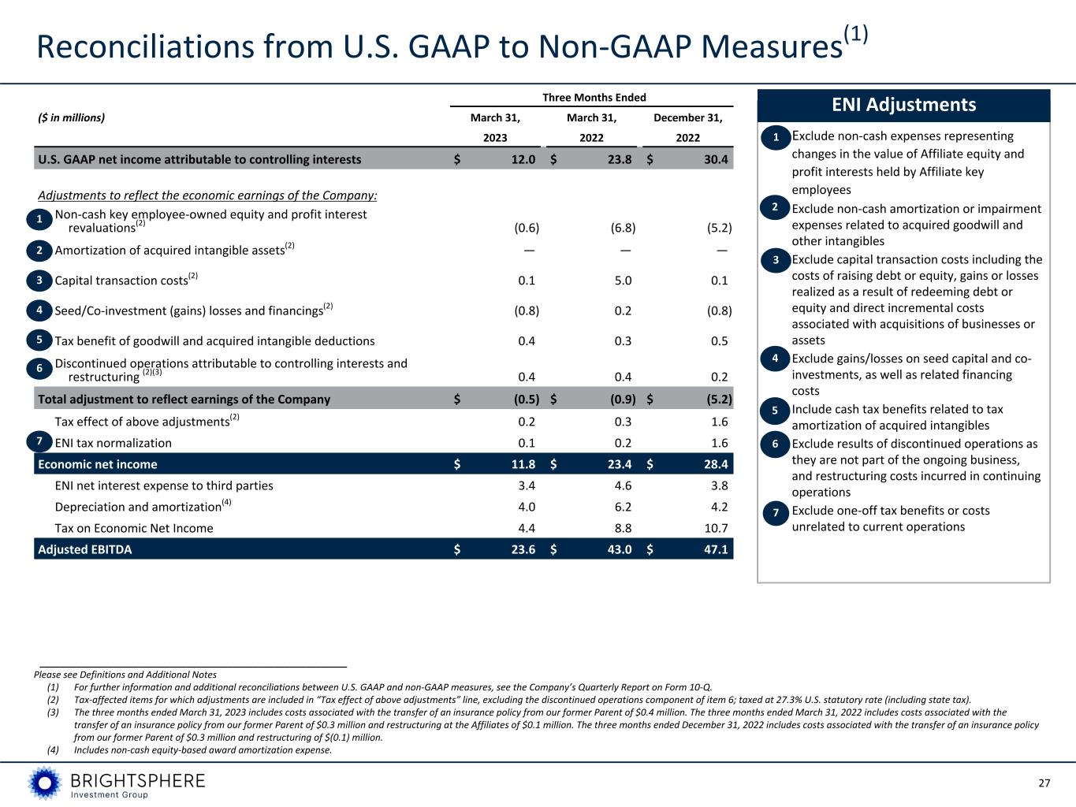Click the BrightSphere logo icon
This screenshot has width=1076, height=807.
tap(44, 783)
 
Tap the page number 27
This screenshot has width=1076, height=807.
tap(1044, 783)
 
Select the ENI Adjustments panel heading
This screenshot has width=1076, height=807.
tap(903, 105)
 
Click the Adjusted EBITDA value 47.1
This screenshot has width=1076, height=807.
tap(716, 549)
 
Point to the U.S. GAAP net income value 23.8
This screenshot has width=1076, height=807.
tap(619, 159)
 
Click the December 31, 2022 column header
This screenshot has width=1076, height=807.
tap(688, 128)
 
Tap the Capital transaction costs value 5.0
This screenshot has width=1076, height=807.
tap(623, 281)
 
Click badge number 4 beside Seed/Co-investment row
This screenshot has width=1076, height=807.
tap(39, 311)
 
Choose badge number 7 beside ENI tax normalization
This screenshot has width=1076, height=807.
tap(39, 442)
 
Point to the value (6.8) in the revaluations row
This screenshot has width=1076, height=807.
tap(623, 228)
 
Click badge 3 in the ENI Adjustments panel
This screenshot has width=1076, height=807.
tap(776, 260)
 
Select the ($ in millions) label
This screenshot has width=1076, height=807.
tap(71, 118)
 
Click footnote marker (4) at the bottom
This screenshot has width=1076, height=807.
tap(53, 750)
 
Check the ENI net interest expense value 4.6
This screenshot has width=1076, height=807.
tap(623, 485)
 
